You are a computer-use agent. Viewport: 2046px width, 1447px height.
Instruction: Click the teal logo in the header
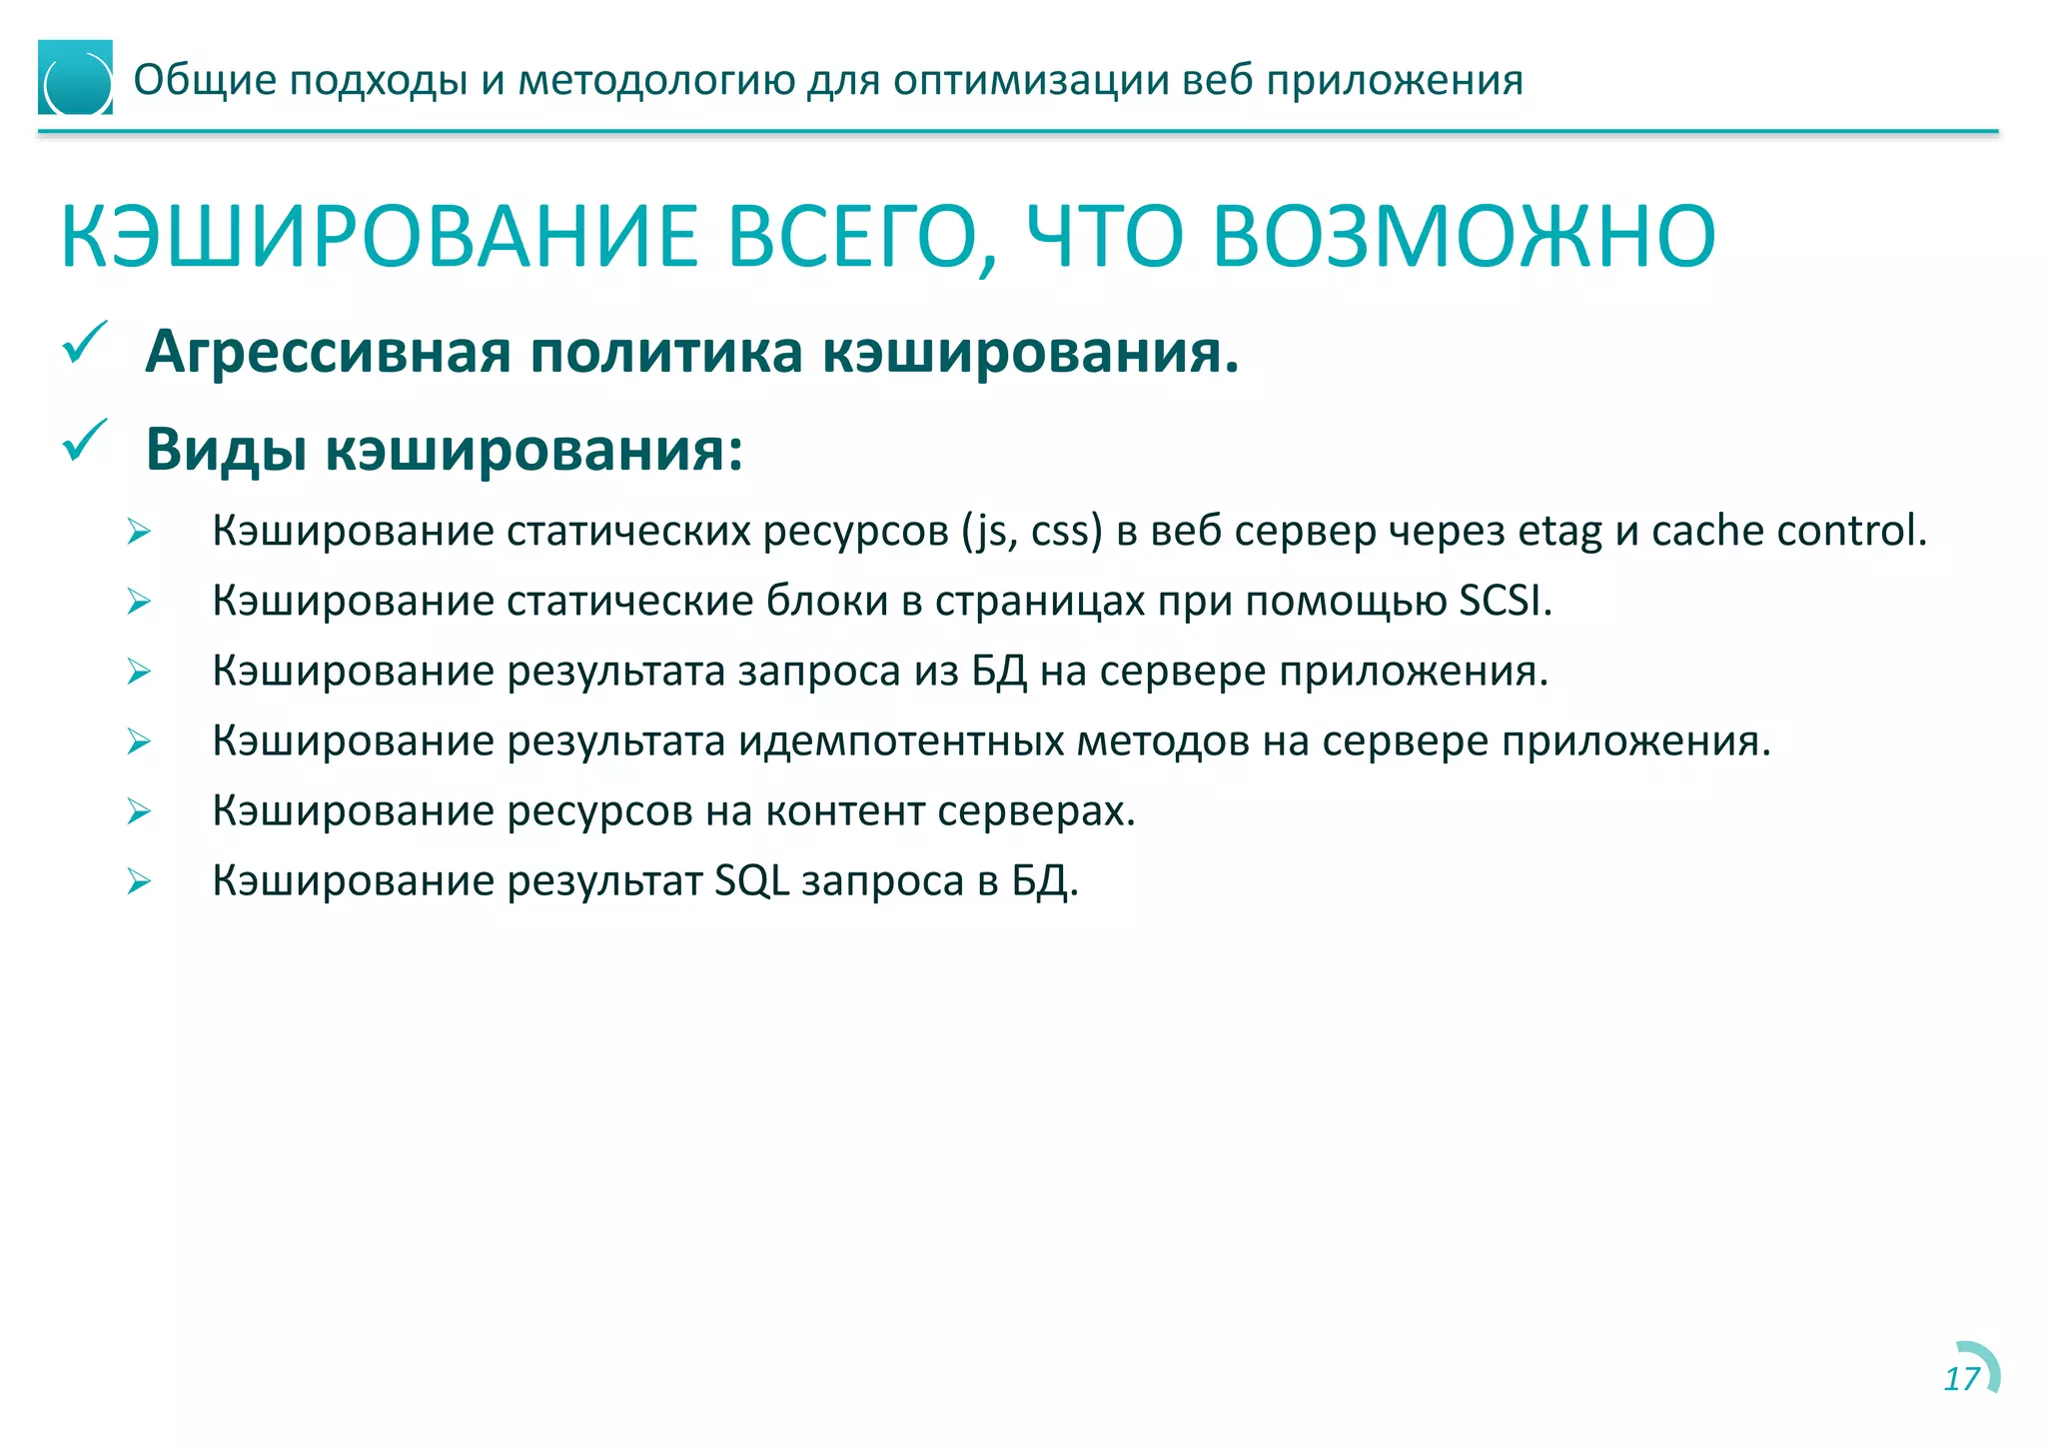click(x=75, y=78)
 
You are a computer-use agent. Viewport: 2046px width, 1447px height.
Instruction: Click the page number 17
click(x=1961, y=1379)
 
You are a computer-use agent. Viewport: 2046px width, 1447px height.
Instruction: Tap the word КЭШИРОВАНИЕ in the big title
click(x=380, y=237)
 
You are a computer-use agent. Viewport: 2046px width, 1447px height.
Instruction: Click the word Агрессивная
click(x=328, y=353)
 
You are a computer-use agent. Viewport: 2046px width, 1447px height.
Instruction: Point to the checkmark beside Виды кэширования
click(x=85, y=441)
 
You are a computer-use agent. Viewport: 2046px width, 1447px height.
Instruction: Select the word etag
click(x=1559, y=532)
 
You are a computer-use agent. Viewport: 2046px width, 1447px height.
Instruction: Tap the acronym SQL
click(x=751, y=881)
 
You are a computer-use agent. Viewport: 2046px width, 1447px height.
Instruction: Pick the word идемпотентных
click(x=901, y=741)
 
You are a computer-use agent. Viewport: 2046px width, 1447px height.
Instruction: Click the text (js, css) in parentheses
click(x=1032, y=532)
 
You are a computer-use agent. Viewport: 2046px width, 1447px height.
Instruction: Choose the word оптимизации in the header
click(x=1030, y=80)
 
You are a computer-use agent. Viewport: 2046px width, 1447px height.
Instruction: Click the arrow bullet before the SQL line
click(x=139, y=881)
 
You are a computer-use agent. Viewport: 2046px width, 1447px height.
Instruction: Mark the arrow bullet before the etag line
click(x=139, y=532)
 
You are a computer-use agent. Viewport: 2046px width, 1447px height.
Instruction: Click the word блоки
click(x=826, y=601)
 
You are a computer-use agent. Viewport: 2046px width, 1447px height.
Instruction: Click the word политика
click(x=666, y=353)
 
